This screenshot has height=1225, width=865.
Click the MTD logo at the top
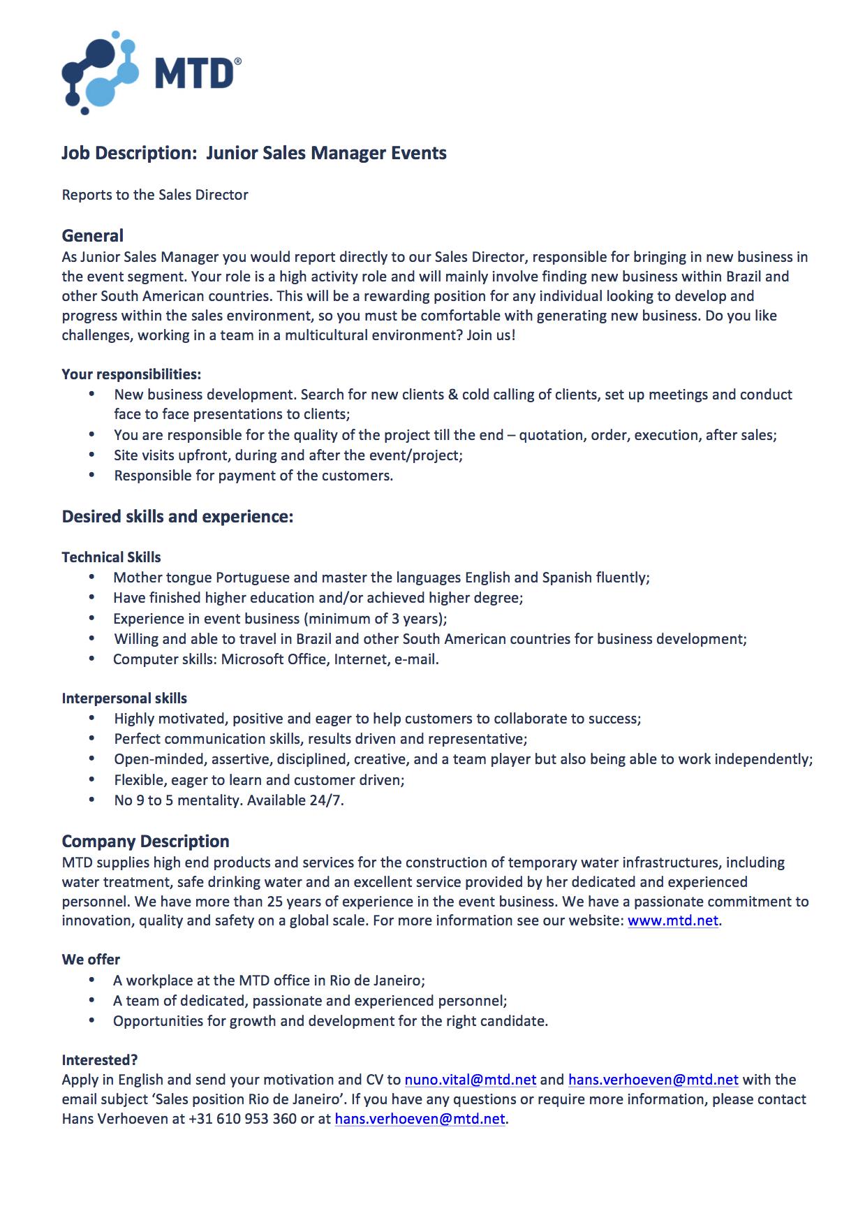[151, 73]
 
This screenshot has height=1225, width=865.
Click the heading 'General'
[92, 236]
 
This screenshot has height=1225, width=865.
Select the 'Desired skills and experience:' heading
[177, 517]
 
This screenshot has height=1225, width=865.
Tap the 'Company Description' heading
[145, 841]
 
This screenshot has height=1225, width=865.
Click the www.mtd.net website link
[672, 920]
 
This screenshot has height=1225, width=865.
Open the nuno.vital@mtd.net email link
[471, 1080]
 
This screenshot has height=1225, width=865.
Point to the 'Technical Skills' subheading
[111, 557]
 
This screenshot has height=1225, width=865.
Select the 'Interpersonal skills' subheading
[124, 698]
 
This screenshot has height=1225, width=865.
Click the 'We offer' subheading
[91, 960]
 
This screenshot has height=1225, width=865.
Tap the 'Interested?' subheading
[100, 1059]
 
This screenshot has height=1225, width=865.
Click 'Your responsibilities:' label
[131, 374]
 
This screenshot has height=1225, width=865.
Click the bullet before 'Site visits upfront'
[91, 455]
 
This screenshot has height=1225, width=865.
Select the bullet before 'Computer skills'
[91, 659]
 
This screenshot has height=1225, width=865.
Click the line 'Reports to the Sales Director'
[155, 195]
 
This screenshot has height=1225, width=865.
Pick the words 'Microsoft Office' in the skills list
[274, 659]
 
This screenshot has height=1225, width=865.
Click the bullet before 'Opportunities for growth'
[91, 1021]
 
